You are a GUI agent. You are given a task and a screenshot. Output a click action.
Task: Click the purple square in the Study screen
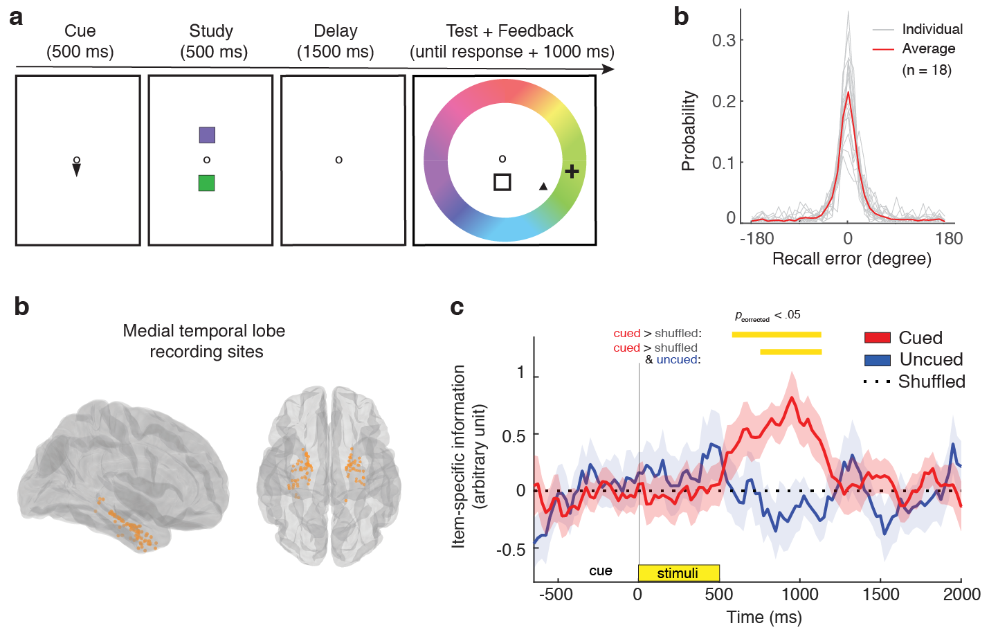point(207,135)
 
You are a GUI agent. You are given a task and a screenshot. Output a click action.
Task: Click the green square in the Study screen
point(206,183)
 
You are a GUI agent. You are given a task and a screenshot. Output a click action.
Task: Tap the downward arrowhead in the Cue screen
point(76,170)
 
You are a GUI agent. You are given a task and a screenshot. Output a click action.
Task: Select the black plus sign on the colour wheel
point(572,171)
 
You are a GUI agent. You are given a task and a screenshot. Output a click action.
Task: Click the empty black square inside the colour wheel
point(502,182)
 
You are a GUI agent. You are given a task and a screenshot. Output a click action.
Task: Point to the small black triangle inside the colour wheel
point(543,186)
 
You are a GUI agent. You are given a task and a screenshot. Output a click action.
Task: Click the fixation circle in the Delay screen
point(338,160)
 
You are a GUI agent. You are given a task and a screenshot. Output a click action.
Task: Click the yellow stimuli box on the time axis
point(678,573)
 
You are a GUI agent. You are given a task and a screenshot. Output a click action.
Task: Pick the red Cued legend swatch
point(877,338)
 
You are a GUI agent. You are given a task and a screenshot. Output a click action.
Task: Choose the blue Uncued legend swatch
point(877,360)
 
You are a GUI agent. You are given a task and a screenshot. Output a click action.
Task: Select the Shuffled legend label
point(932,381)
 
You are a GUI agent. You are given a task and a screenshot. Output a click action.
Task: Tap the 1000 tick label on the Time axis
point(800,594)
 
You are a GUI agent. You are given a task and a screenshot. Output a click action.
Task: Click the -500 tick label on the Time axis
point(555,594)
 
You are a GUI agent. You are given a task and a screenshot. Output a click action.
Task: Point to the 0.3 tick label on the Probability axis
point(724,40)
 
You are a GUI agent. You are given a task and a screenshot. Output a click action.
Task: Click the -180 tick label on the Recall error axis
point(756,239)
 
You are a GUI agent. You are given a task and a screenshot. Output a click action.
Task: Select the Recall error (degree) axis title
point(851,259)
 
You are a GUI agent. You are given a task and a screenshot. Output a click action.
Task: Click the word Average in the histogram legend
point(928,48)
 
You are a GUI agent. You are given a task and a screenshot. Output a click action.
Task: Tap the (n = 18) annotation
point(927,70)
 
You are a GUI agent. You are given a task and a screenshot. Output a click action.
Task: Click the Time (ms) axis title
point(764,617)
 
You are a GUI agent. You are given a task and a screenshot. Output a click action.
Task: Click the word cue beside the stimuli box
point(601,571)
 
